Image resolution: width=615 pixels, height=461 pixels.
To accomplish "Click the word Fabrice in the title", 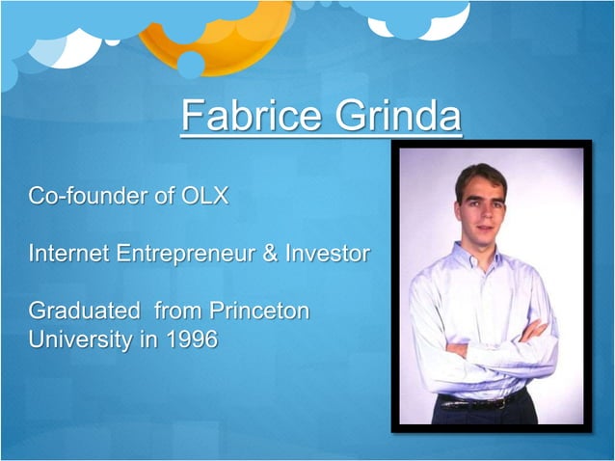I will coord(252,117).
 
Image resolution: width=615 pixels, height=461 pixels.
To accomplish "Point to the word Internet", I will coord(69,254).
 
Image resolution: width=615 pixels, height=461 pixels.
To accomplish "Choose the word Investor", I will coord(326,254).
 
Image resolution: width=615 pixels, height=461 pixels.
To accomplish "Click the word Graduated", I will coord(84,312).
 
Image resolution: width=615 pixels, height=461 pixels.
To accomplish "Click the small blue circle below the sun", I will coord(190,65).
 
